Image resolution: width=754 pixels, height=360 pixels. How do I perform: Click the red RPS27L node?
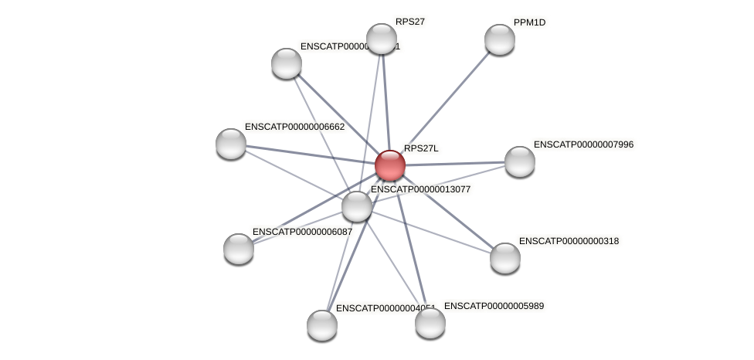[390, 165]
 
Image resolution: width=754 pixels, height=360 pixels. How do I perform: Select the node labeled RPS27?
[382, 39]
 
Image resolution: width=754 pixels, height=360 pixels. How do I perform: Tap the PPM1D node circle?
[500, 39]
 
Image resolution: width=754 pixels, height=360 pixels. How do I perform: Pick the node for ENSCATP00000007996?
[520, 161]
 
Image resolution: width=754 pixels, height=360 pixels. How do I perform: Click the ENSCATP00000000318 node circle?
[505, 258]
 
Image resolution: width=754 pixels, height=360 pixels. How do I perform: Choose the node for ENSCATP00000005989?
[430, 323]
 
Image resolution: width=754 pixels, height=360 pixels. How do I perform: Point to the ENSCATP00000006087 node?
[239, 249]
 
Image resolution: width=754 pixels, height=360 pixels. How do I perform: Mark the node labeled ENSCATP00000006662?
[231, 144]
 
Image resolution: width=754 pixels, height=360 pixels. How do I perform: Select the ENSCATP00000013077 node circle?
[357, 206]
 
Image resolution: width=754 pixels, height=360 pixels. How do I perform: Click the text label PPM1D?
[529, 22]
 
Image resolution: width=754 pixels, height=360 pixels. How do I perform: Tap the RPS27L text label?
[421, 148]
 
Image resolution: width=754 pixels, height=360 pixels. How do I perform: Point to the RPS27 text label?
[410, 22]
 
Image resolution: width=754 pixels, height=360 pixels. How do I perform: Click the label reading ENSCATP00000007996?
[583, 144]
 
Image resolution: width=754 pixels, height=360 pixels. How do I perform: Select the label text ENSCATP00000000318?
[569, 241]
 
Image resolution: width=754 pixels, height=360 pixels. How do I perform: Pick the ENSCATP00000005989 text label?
[494, 306]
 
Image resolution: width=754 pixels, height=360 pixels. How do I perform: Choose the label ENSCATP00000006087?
[302, 232]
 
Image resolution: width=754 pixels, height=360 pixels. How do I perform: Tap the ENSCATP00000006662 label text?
[294, 127]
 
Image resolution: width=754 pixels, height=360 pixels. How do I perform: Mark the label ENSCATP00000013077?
[420, 189]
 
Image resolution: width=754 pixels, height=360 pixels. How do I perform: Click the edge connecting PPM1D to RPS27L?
[448, 99]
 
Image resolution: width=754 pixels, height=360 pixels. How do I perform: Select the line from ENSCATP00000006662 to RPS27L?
[309, 155]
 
